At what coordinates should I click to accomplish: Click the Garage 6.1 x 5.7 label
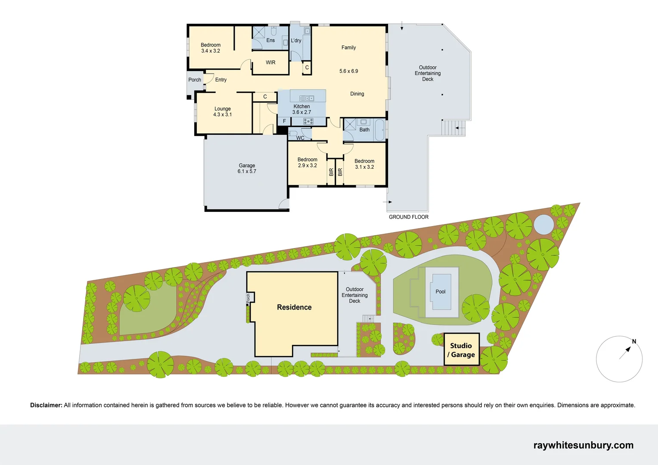pyautogui.click(x=247, y=168)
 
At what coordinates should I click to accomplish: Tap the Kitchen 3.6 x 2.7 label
pyautogui.click(x=301, y=109)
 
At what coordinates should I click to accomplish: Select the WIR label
pyautogui.click(x=270, y=62)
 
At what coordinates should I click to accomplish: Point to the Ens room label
pyautogui.click(x=270, y=40)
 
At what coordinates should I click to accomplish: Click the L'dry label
pyautogui.click(x=296, y=40)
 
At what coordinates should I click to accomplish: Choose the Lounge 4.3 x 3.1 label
pyautogui.click(x=222, y=112)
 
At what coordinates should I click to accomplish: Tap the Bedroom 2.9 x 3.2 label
pyautogui.click(x=307, y=162)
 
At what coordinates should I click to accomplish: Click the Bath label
pyautogui.click(x=364, y=130)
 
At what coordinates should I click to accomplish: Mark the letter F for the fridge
pyautogui.click(x=284, y=121)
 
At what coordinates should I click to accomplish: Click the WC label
pyautogui.click(x=300, y=138)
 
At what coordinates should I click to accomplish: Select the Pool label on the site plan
pyautogui.click(x=440, y=291)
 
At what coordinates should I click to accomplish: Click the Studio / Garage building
pyautogui.click(x=462, y=350)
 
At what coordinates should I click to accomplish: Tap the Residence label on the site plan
pyautogui.click(x=294, y=307)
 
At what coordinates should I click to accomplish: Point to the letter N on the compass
pyautogui.click(x=634, y=341)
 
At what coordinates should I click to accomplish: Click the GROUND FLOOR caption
pyautogui.click(x=408, y=217)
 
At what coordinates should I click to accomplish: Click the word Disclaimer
pyautogui.click(x=46, y=405)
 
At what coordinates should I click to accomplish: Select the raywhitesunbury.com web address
pyautogui.click(x=583, y=445)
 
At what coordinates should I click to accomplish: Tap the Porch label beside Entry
pyautogui.click(x=195, y=80)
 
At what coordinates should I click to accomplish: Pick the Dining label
pyautogui.click(x=357, y=94)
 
